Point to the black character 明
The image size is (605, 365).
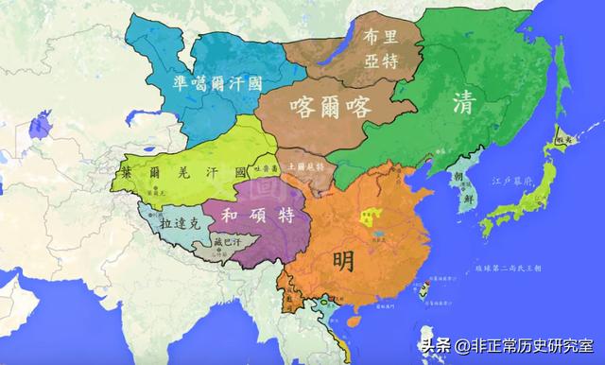(352, 257)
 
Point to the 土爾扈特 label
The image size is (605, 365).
(305, 165)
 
